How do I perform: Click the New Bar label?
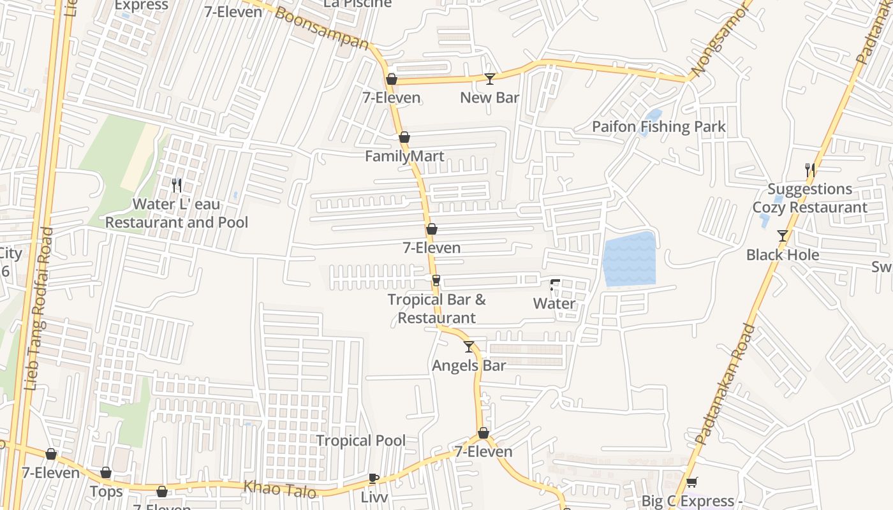pos(489,98)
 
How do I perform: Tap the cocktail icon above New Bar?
pos(490,79)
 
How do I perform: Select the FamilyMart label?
pos(404,156)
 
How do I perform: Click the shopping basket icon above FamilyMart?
pos(404,137)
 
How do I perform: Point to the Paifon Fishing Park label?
pos(658,127)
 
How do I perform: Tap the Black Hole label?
pos(783,255)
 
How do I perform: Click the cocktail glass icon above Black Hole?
pos(783,236)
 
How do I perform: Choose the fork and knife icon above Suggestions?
pos(810,170)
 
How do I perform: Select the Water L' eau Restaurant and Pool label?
pos(177,214)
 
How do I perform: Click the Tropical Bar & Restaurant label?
pos(437,309)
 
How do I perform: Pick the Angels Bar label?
pos(469,365)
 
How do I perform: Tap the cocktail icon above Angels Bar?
pos(469,347)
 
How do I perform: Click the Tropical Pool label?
pos(361,441)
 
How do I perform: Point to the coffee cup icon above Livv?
pos(374,478)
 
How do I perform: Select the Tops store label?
pos(107,492)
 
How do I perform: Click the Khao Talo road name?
pos(279,490)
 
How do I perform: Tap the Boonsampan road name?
pos(322,27)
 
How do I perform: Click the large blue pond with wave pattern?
pos(629,258)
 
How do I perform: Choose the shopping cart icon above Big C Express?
pos(691,482)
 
